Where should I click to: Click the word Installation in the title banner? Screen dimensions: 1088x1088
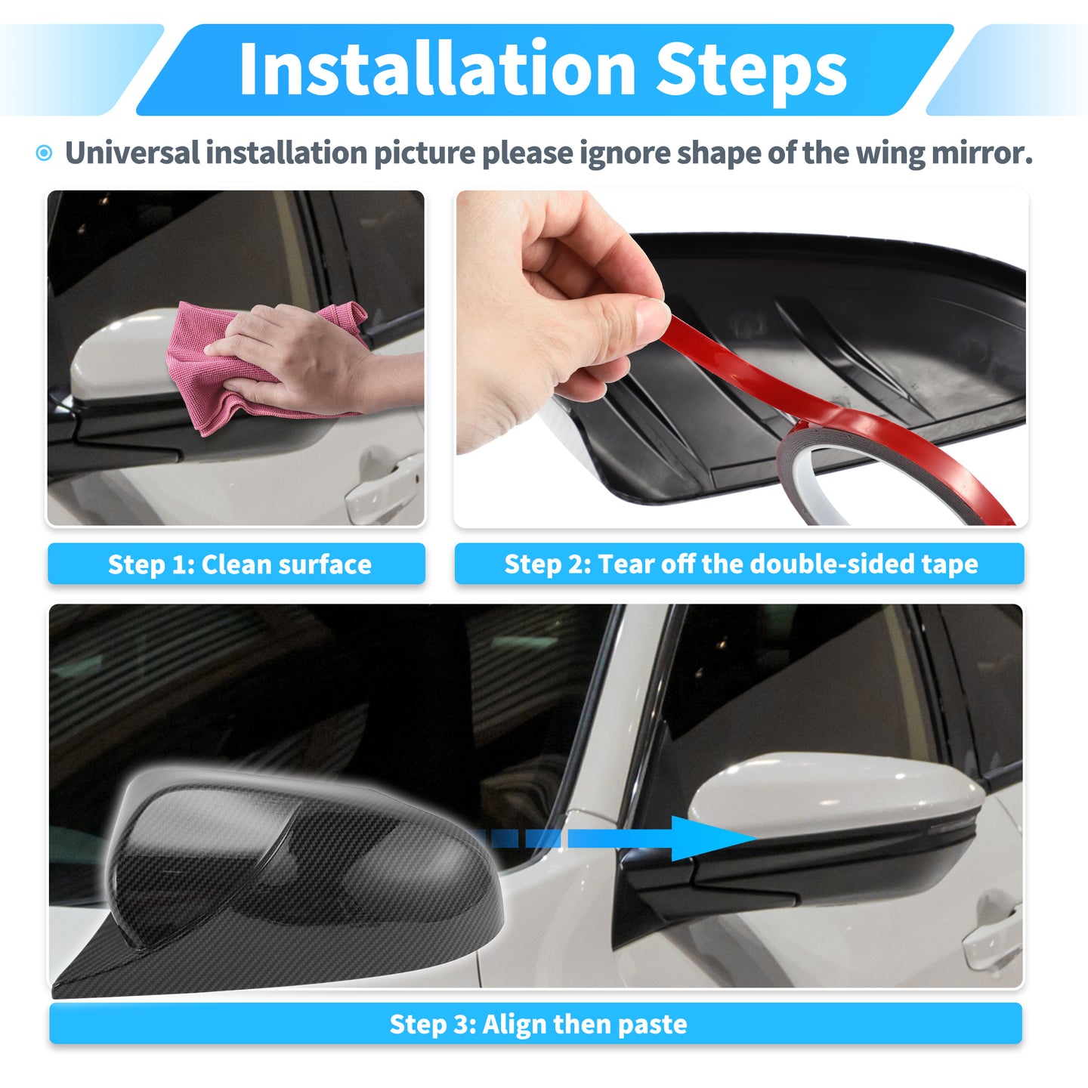click(438, 68)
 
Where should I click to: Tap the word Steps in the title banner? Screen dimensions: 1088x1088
click(751, 73)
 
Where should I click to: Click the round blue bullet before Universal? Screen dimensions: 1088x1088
click(44, 153)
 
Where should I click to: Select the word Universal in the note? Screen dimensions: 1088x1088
click(132, 153)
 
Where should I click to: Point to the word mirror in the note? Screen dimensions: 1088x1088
click(982, 153)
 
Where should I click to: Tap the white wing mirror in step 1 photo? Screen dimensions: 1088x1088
click(122, 356)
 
